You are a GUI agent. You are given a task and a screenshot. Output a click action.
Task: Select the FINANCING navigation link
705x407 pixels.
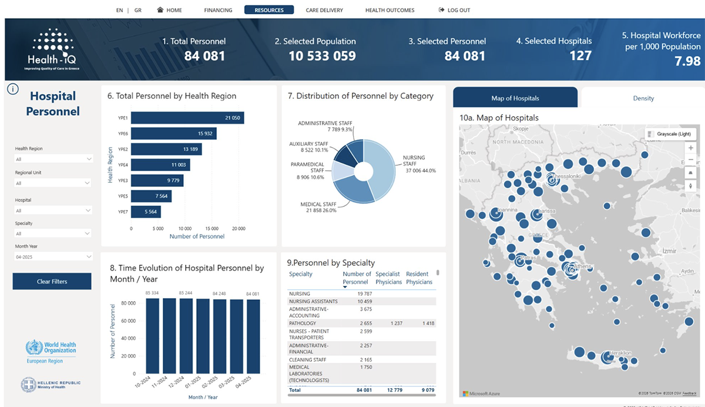click(x=218, y=10)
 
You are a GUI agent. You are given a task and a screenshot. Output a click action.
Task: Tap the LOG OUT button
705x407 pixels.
click(x=455, y=10)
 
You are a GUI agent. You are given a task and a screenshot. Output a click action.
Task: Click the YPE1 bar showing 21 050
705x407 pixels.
click(x=187, y=118)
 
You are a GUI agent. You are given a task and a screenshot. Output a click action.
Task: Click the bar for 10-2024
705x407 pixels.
click(x=152, y=336)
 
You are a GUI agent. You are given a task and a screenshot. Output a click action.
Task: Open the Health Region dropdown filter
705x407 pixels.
click(x=53, y=159)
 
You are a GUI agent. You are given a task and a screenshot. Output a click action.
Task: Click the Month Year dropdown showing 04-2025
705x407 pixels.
click(x=53, y=256)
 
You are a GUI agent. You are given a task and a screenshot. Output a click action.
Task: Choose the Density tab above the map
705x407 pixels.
click(x=643, y=98)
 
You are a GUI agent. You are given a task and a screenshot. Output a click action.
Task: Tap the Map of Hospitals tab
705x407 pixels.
click(x=515, y=98)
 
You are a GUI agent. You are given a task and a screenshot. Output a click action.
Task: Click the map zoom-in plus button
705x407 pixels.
click(x=691, y=148)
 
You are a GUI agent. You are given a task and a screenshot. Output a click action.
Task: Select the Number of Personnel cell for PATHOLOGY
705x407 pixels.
click(x=358, y=323)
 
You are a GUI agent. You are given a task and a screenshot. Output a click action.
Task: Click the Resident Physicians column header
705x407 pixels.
click(x=419, y=278)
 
